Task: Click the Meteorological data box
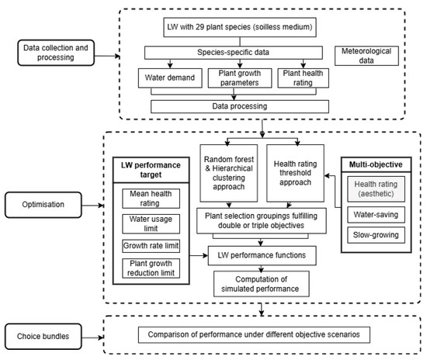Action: point(366,56)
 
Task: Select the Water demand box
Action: point(170,78)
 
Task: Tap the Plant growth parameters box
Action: point(240,78)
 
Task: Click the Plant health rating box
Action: point(303,78)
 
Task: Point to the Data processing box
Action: point(240,106)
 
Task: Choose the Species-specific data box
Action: point(234,53)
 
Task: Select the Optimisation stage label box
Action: point(43,205)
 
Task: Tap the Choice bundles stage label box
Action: point(43,336)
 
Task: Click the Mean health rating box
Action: point(151,199)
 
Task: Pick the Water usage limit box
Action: point(151,223)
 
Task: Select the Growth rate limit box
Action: point(151,246)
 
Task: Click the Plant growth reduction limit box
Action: point(151,268)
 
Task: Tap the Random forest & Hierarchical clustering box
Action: point(229,173)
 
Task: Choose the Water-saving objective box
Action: point(376,214)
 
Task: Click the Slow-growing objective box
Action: point(376,235)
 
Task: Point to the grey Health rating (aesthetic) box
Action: point(376,189)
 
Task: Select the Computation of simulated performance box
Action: point(261,284)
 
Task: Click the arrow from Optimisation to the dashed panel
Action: point(92,205)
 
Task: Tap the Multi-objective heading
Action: point(376,164)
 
